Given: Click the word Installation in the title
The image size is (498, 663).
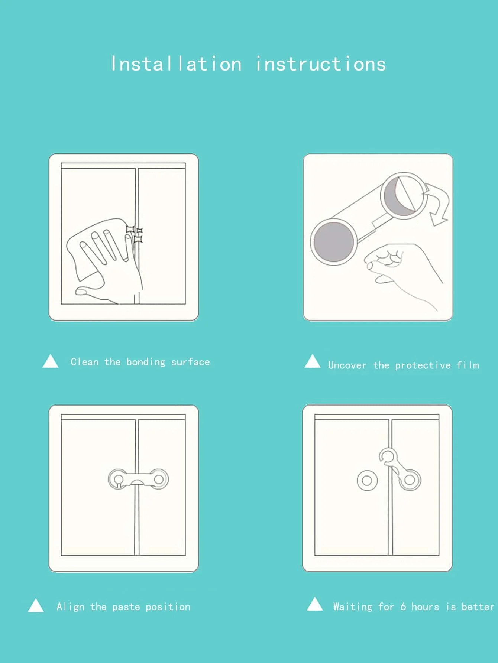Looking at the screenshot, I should (176, 64).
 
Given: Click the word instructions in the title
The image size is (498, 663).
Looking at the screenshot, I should (321, 64).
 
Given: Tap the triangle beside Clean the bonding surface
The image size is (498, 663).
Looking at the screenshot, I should (51, 361).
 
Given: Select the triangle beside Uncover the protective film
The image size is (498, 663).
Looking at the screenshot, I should (313, 362).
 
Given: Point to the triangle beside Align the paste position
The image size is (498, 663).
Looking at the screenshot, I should (36, 606).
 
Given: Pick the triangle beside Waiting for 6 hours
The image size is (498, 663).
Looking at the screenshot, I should (315, 604).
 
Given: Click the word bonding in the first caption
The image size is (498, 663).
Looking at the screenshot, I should (146, 362).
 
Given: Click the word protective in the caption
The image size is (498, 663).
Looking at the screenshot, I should (423, 365).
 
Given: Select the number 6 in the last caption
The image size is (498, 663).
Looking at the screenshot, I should (403, 607).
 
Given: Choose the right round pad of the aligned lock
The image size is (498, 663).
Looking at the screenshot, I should (158, 479).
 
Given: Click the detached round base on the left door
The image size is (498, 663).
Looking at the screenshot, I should (367, 481).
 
